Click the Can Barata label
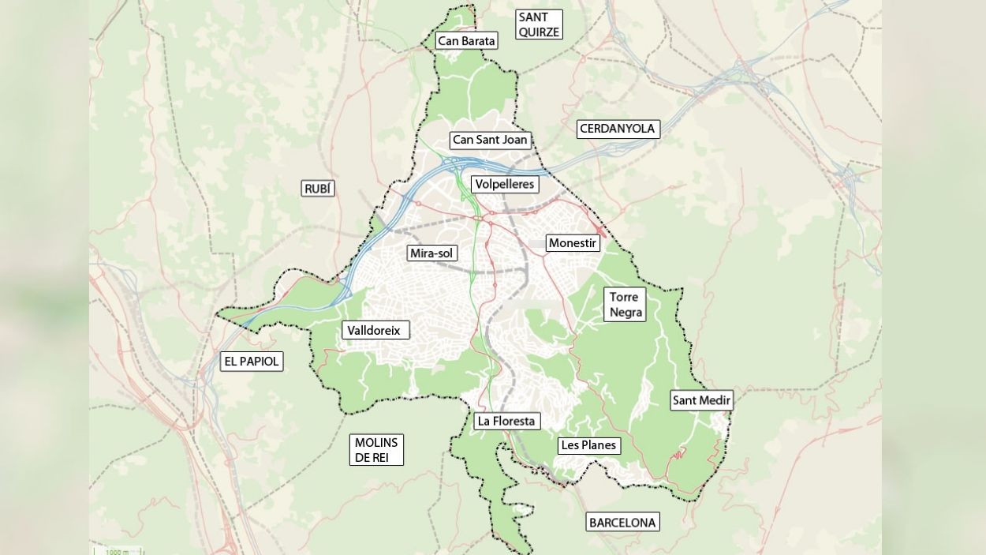pos(466,40)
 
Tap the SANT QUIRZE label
pos(539,24)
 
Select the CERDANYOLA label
pos(618,129)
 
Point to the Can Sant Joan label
pos(490,140)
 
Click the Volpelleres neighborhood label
pos(505,184)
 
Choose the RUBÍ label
pos(318,188)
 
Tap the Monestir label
pos(573,243)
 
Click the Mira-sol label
pos(432,253)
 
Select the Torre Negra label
pos(625,305)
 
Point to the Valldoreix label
pos(375,331)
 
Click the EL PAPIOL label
pos(252,362)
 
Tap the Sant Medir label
pos(701,400)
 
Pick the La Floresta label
pos(506,421)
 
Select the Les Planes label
pos(588,445)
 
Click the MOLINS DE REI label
pos(376,450)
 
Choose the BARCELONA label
pos(622,522)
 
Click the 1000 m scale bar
pos(116,550)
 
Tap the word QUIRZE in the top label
pos(539,32)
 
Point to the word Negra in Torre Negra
pos(626,313)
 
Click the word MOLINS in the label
pos(376,442)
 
